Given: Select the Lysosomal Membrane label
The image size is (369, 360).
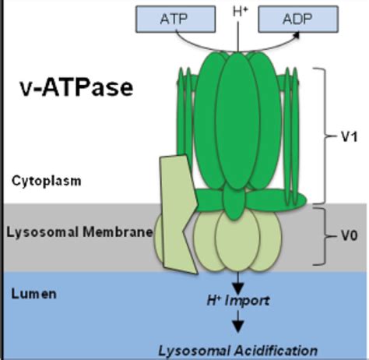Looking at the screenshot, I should coord(77,231).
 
